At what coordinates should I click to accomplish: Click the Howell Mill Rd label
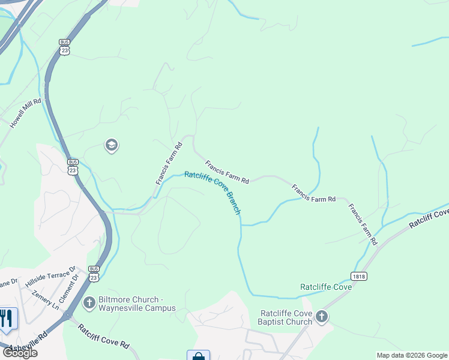[x=25, y=113]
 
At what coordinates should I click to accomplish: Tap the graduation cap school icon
[x=111, y=145]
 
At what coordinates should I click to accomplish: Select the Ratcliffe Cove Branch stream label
[x=213, y=192]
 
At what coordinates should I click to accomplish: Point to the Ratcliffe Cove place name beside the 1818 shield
[x=325, y=287]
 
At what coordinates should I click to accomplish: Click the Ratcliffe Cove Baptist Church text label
[x=286, y=317]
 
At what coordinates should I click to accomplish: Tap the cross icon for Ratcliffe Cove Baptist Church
[x=322, y=317]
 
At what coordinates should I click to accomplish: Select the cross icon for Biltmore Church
[x=89, y=303]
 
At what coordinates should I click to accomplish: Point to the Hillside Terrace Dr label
[x=50, y=277]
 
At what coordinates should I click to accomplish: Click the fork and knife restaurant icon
[x=7, y=318]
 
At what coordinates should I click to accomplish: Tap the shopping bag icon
[x=198, y=355]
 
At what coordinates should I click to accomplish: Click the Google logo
[x=20, y=353]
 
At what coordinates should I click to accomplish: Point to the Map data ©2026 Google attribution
[x=412, y=355]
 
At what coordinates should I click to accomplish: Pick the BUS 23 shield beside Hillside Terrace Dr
[x=94, y=273]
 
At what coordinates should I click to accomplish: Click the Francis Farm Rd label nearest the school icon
[x=169, y=163]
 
